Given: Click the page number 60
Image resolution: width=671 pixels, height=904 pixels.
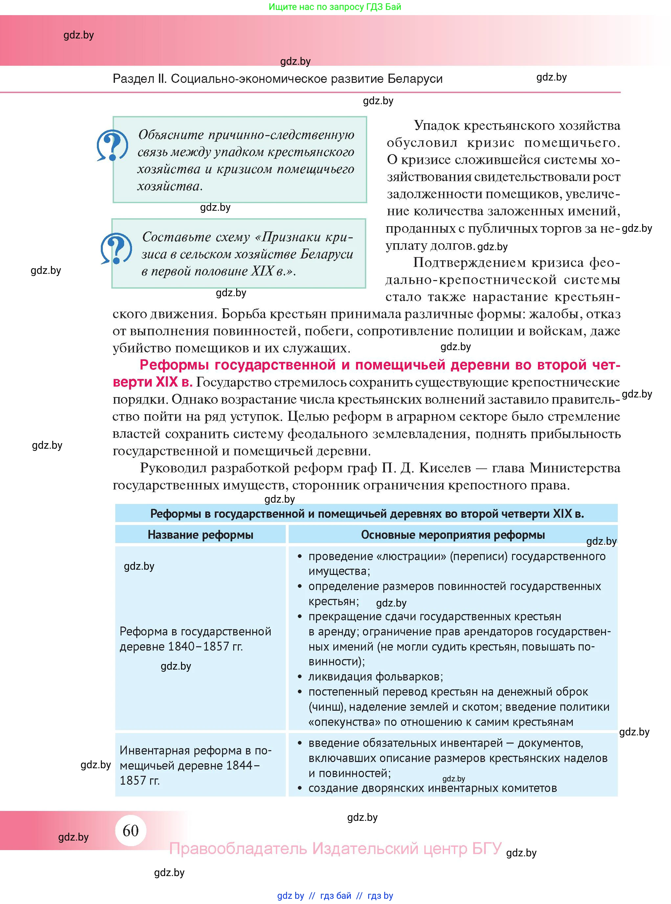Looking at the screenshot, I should (130, 830).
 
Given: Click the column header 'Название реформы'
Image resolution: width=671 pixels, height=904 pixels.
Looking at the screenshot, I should (200, 535).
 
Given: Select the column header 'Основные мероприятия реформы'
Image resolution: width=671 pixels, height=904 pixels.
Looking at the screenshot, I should (453, 535).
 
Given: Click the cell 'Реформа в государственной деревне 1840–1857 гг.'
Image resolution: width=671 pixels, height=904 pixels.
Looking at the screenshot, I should (195, 639).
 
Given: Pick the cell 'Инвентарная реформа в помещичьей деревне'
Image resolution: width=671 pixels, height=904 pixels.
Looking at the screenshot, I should (195, 765).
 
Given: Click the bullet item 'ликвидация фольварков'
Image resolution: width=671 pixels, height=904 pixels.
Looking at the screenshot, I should (375, 677).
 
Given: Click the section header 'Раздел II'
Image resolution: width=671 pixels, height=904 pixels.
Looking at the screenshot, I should (140, 79).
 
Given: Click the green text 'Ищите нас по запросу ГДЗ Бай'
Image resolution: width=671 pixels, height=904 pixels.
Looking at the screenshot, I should (335, 7).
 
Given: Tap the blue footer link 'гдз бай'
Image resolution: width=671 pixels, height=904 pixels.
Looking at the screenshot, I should (336, 895).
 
